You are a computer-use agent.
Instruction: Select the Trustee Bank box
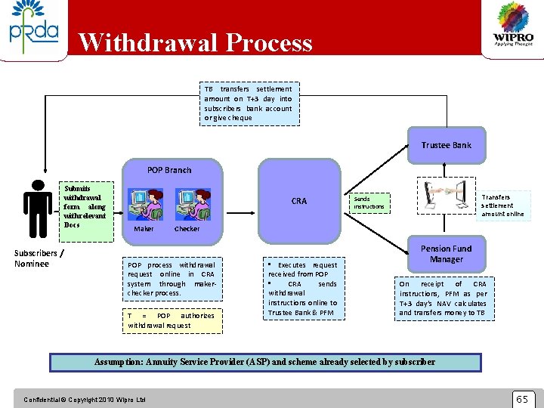click(x=446, y=145)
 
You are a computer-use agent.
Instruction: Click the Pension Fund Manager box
click(x=446, y=254)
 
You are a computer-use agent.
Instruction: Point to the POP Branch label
click(x=169, y=170)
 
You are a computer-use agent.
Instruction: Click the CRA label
click(x=299, y=201)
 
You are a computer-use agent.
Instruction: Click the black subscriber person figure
click(x=37, y=207)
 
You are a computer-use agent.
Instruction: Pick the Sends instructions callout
click(x=369, y=202)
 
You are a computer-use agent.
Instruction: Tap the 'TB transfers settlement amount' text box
click(x=249, y=103)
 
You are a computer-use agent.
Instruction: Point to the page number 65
click(x=522, y=398)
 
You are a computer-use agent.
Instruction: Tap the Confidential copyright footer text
click(x=85, y=399)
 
